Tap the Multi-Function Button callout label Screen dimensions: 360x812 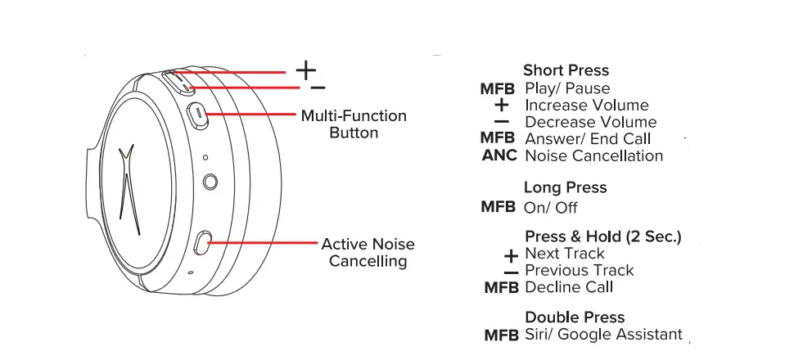(353, 124)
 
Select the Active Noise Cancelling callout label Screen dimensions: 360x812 (368, 253)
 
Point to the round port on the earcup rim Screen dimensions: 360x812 (210, 181)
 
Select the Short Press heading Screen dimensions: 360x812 (566, 70)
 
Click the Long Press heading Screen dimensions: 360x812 (565, 187)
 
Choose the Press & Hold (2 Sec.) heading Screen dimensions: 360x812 (603, 237)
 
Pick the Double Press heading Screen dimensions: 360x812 (575, 317)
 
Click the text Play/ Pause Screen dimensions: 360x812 (567, 88)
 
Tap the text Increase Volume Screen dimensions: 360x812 (586, 106)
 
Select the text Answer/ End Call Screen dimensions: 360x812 (588, 139)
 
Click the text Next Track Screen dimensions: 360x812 (565, 254)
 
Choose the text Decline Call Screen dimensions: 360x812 (569, 287)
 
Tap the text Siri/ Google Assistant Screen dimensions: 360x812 (603, 335)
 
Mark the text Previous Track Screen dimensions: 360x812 (579, 271)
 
